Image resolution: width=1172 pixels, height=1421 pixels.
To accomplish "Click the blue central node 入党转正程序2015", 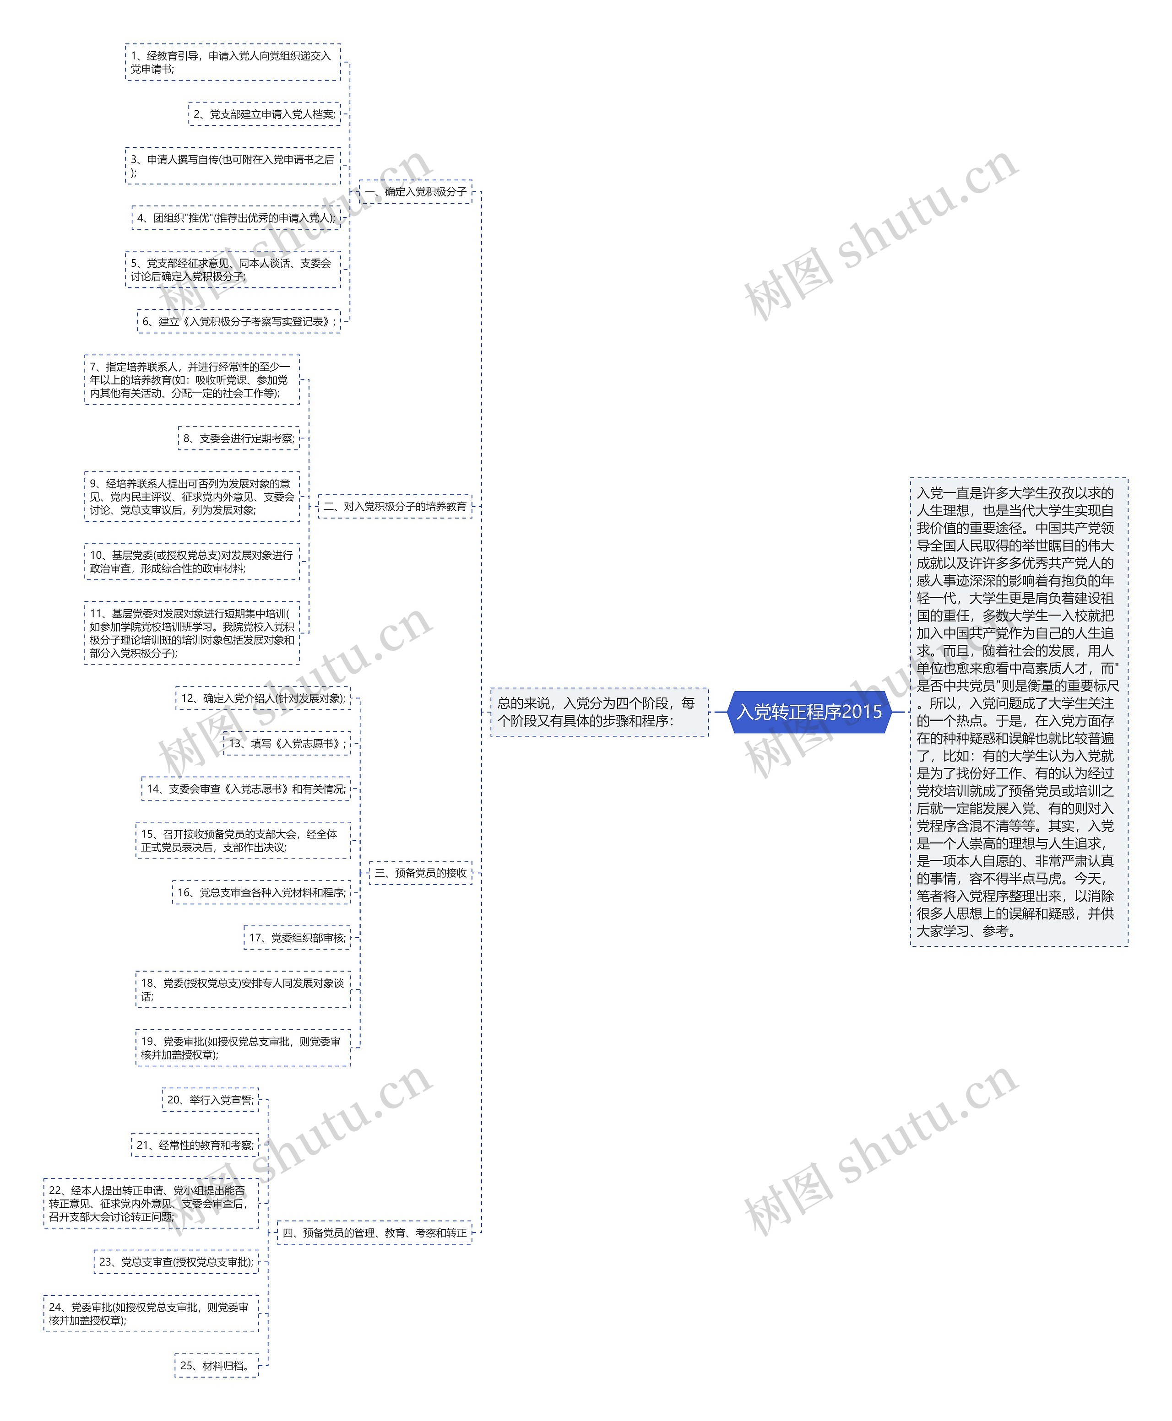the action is (x=809, y=711).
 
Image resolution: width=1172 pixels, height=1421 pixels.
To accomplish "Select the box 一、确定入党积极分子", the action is (x=415, y=192).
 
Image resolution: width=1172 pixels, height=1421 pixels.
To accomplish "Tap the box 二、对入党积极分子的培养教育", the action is (x=395, y=506).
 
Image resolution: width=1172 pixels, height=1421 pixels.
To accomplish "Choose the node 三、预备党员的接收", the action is (x=421, y=872).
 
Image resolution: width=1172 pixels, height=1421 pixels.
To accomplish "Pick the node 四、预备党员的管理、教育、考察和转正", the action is (x=374, y=1233).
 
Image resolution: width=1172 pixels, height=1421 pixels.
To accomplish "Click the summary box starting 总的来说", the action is (x=599, y=712).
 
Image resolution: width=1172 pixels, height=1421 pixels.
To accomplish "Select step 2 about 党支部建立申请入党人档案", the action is (x=264, y=114).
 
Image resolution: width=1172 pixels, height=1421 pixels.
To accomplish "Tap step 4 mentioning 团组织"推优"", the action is (x=236, y=218).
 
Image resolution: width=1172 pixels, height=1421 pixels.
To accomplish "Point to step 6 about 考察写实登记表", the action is (x=239, y=322).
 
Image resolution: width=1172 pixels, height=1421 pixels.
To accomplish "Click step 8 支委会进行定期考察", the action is (x=239, y=438).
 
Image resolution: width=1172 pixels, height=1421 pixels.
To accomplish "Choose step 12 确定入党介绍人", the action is (x=263, y=698).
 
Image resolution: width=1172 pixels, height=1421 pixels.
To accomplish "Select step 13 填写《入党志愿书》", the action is (x=287, y=744).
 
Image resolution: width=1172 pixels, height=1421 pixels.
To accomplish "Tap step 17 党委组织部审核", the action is (x=297, y=937).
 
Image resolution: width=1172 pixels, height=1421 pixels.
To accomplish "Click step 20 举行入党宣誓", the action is (x=210, y=1100).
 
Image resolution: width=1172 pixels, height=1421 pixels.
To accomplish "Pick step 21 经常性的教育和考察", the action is (x=195, y=1145).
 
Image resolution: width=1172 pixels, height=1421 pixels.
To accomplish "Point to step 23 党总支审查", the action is (x=176, y=1262).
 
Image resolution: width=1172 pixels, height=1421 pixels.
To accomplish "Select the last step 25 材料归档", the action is (x=217, y=1366).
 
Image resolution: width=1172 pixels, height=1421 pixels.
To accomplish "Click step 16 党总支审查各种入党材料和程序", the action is (x=261, y=892).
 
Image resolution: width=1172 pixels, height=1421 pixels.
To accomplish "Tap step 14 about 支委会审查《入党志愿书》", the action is (x=246, y=789).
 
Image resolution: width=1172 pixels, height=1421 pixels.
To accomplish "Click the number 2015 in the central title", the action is (x=862, y=711).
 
